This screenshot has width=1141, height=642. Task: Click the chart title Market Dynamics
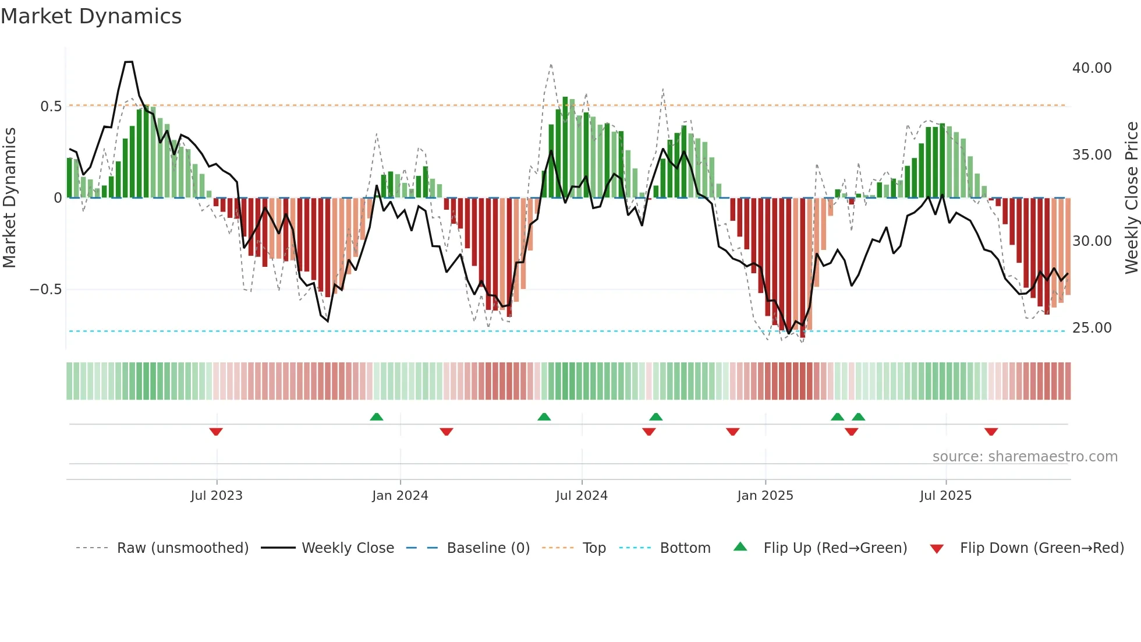pyautogui.click(x=91, y=16)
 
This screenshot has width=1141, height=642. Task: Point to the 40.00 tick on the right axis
pyautogui.click(x=1092, y=68)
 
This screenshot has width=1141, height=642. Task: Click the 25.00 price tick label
pyautogui.click(x=1092, y=328)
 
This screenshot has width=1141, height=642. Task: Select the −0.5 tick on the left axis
pyautogui.click(x=46, y=290)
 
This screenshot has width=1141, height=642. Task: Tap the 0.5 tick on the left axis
pyautogui.click(x=51, y=107)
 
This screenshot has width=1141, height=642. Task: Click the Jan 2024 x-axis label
pyautogui.click(x=400, y=496)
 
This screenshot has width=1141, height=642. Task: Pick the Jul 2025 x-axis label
pyautogui.click(x=945, y=496)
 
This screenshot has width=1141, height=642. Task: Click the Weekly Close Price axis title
pyautogui.click(x=1131, y=198)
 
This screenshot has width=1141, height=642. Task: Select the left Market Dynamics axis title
pyautogui.click(x=9, y=198)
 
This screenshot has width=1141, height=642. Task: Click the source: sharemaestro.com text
pyautogui.click(x=1025, y=457)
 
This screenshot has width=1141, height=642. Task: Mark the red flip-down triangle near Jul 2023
pyautogui.click(x=216, y=432)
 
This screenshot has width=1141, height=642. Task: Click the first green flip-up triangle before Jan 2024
pyautogui.click(x=377, y=417)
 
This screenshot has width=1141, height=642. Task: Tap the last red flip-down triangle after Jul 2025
pyautogui.click(x=991, y=432)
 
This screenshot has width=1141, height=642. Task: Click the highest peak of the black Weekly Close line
pyautogui.click(x=129, y=62)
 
